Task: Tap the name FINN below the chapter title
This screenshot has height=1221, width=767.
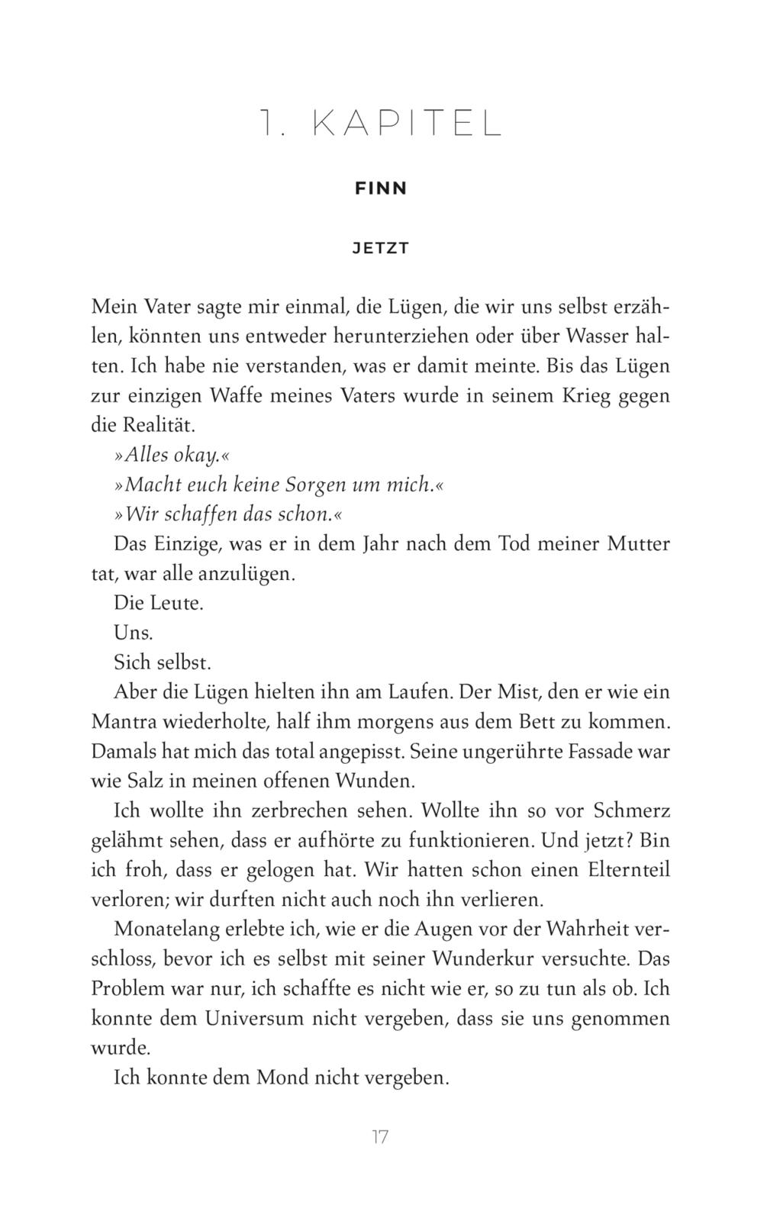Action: [382, 188]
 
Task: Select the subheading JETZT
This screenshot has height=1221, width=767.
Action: [382, 249]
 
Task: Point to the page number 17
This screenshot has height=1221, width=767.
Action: [381, 1137]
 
